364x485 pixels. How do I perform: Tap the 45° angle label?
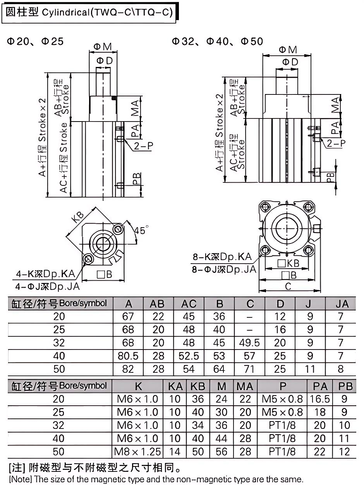click(141, 231)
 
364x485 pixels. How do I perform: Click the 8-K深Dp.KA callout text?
click(222, 257)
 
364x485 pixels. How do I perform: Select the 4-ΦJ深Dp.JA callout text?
click(47, 286)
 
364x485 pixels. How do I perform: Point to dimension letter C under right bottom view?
click(288, 286)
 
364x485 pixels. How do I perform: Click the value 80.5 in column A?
click(128, 356)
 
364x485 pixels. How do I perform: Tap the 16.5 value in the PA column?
click(320, 399)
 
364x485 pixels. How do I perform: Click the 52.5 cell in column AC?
click(189, 356)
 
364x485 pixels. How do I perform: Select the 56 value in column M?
click(221, 451)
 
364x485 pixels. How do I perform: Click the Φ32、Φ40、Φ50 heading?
click(218, 41)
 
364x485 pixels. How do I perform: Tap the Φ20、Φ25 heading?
click(35, 41)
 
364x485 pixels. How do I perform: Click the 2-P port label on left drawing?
click(144, 146)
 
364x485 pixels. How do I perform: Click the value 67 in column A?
click(128, 317)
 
